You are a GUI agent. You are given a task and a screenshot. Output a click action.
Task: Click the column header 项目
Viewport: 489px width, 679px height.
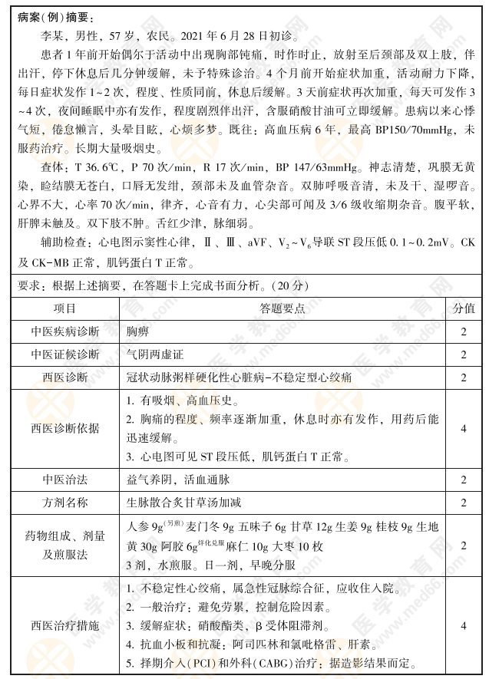tap(65, 308)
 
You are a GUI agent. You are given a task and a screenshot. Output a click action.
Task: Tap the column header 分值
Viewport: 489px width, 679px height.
tap(463, 308)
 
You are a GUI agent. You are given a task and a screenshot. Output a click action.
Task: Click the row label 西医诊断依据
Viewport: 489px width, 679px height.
tap(65, 428)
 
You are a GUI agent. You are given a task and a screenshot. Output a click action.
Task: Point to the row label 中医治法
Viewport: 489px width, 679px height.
tap(65, 480)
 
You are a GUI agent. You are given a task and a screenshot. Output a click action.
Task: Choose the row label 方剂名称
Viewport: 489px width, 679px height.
tap(65, 503)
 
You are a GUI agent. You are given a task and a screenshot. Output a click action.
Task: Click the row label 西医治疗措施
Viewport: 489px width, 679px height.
tap(65, 625)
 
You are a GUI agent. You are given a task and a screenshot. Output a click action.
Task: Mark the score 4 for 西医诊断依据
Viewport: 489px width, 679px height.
tap(463, 428)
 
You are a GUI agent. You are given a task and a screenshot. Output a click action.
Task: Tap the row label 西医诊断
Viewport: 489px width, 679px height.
tap(65, 377)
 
